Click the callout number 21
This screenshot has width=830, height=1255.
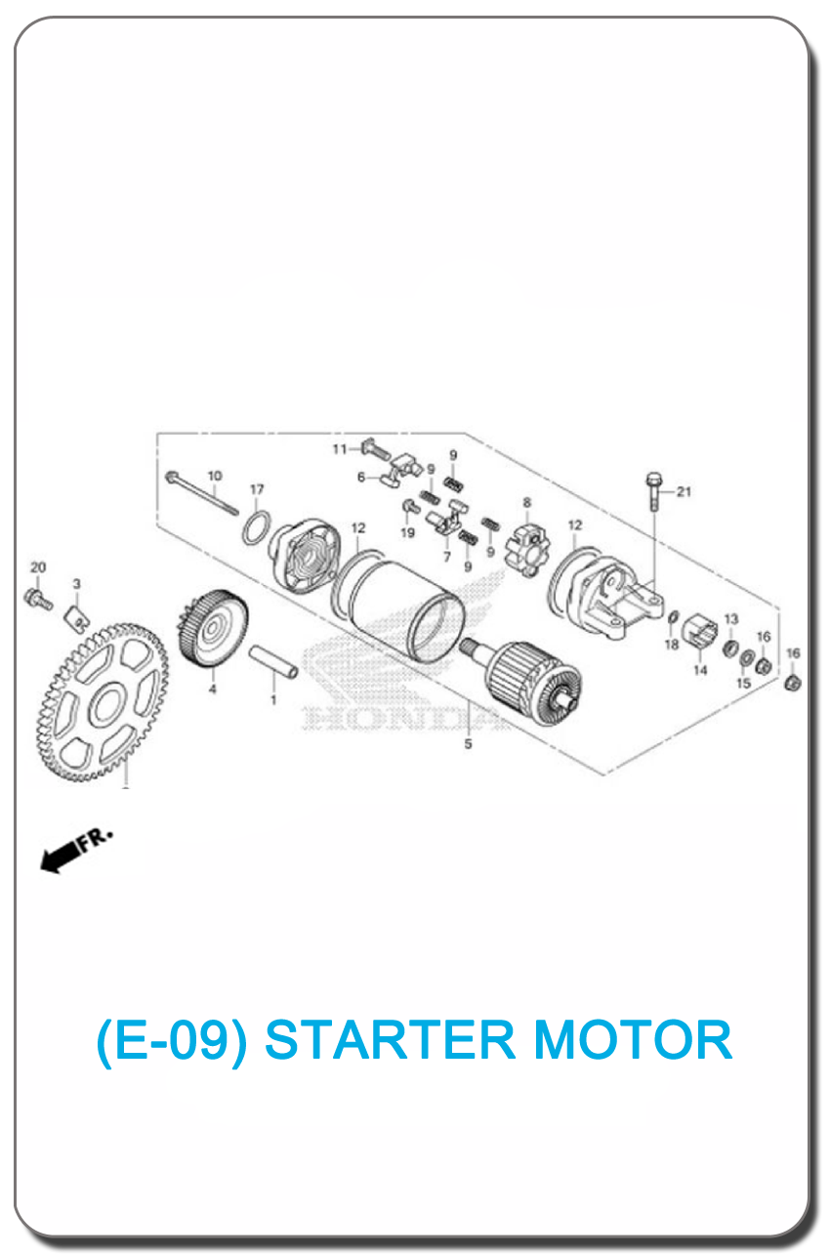[684, 491]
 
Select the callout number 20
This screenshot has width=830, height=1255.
[38, 567]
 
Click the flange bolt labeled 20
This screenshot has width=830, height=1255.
[38, 600]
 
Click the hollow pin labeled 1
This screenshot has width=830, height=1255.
[273, 661]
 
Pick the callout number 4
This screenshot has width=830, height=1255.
[212, 689]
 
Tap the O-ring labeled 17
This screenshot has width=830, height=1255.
[258, 527]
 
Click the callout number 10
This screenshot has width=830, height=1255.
[215, 476]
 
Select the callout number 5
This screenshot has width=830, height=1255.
[468, 744]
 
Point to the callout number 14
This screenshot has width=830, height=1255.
[700, 670]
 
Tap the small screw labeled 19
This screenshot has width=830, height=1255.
[410, 507]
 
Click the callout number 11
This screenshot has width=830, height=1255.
[340, 449]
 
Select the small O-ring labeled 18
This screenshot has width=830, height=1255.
[674, 617]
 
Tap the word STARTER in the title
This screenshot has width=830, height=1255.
[390, 1040]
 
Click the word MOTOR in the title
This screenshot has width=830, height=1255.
[634, 1040]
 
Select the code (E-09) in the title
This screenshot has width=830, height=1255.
[172, 1041]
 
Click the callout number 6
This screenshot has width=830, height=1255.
[361, 477]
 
